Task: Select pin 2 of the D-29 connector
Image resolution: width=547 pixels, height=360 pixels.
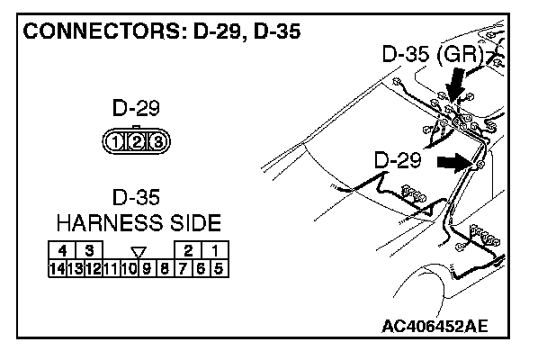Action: pyautogui.click(x=137, y=141)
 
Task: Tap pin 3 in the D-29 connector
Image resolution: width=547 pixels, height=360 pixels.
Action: pyautogui.click(x=155, y=141)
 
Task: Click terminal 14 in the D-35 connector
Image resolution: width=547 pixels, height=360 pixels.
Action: pyautogui.click(x=57, y=266)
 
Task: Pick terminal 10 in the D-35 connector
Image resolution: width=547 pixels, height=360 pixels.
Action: pyautogui.click(x=130, y=266)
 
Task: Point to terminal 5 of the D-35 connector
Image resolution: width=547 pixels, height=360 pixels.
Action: pyautogui.click(x=220, y=266)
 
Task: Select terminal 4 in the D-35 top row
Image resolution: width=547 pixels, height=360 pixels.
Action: pyautogui.click(x=63, y=250)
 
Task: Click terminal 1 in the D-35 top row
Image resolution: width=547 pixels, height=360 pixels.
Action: pyautogui.click(x=214, y=250)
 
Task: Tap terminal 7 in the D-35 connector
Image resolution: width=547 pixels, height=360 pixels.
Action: pyautogui.click(x=184, y=266)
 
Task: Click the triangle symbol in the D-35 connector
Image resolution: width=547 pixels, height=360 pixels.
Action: pyautogui.click(x=138, y=251)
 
